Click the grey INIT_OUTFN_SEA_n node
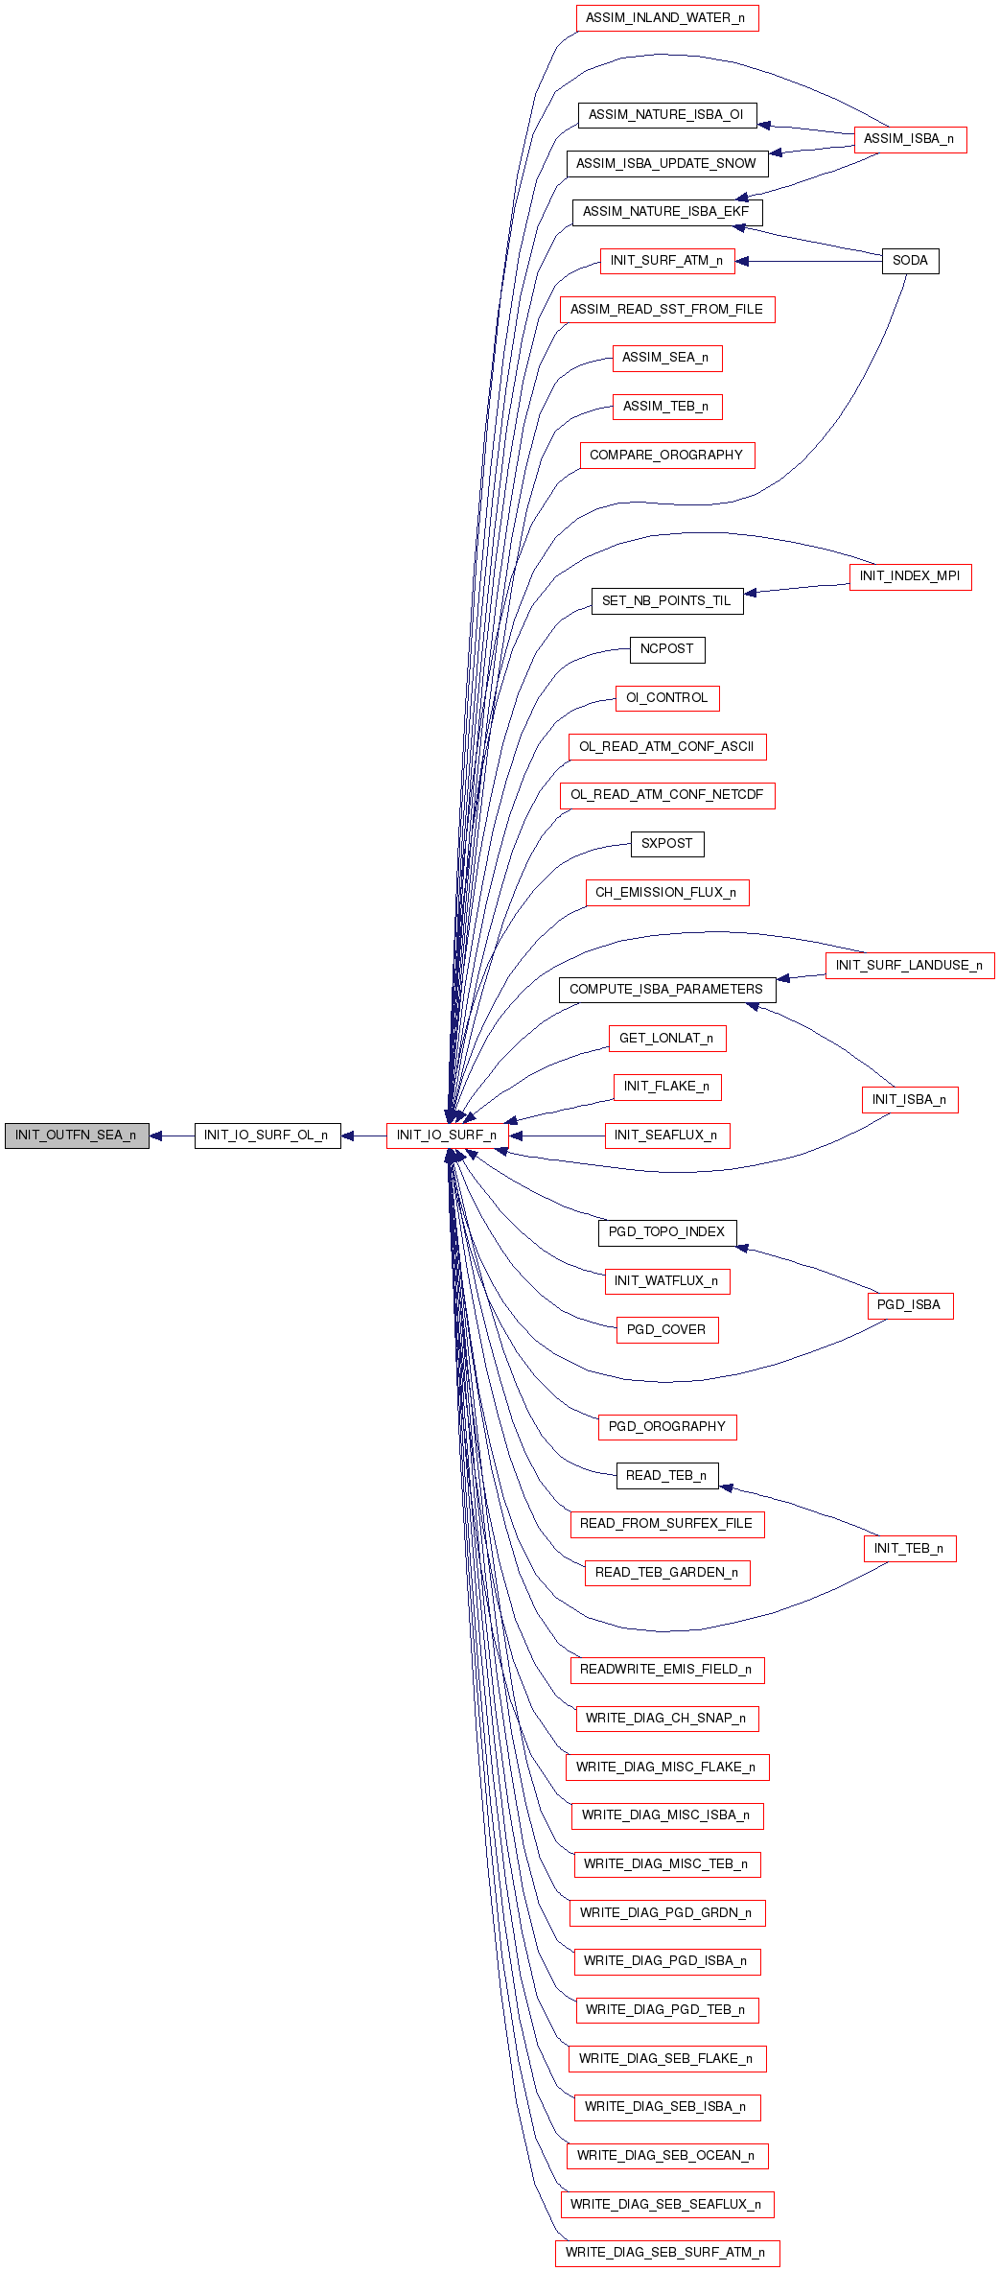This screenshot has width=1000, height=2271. point(77,1135)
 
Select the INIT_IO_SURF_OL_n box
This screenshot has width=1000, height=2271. point(267,1135)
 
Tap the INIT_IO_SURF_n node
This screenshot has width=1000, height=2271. point(447,1135)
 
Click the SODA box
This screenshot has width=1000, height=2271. point(910,261)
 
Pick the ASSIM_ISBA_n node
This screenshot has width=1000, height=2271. point(910,139)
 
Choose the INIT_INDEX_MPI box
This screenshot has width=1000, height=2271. point(910,576)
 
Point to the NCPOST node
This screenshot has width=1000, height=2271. point(667,649)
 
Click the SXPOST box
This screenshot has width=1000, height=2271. point(667,844)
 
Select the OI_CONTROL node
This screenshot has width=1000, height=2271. point(667,698)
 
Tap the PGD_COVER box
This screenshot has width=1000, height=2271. point(667,1330)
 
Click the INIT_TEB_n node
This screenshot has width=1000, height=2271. point(910,1549)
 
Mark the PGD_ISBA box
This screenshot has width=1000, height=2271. point(910,1305)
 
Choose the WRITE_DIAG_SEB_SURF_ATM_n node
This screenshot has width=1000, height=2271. point(667,2253)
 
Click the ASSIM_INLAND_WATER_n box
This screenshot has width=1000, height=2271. point(667,18)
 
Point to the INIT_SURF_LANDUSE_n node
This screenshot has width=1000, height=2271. point(910,966)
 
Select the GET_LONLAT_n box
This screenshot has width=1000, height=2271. point(667,1039)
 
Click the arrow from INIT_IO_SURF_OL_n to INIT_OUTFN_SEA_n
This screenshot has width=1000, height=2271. point(173,1135)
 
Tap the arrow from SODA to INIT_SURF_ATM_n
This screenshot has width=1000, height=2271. point(808,261)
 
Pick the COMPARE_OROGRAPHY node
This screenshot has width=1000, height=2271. point(667,456)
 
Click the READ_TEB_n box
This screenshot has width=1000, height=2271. point(667,1476)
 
